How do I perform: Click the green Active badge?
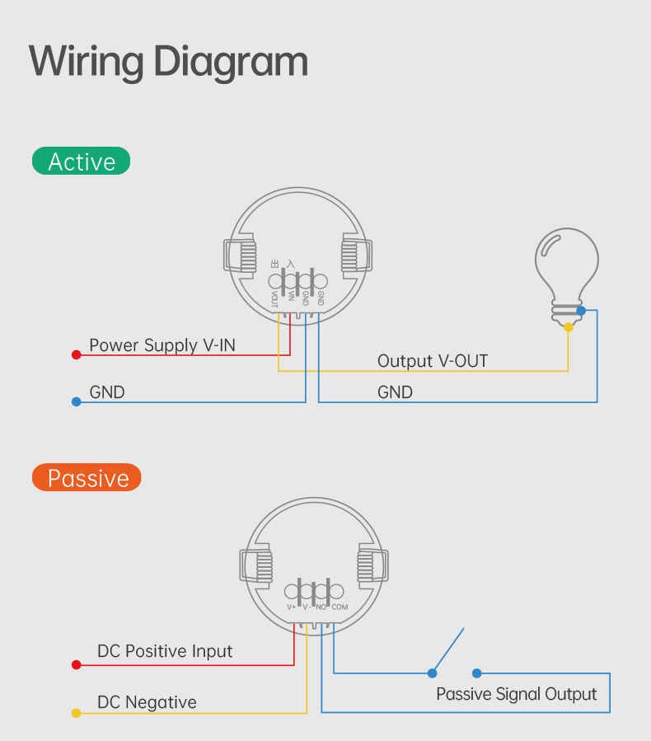tap(81, 162)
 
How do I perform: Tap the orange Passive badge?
tap(87, 478)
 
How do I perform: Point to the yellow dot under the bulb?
tap(569, 327)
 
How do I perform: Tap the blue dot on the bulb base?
tap(582, 311)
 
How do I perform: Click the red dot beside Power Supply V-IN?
tap(76, 354)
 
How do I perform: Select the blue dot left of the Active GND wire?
tap(76, 401)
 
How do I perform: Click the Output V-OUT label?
tap(432, 361)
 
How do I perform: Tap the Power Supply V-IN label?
tap(162, 345)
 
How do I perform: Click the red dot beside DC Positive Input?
tap(76, 664)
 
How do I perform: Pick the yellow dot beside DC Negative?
tap(76, 713)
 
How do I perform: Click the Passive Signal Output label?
tap(516, 694)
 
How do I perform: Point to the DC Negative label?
tap(147, 702)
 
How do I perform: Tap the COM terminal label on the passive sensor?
tap(340, 607)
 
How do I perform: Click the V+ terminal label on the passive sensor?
tap(291, 607)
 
